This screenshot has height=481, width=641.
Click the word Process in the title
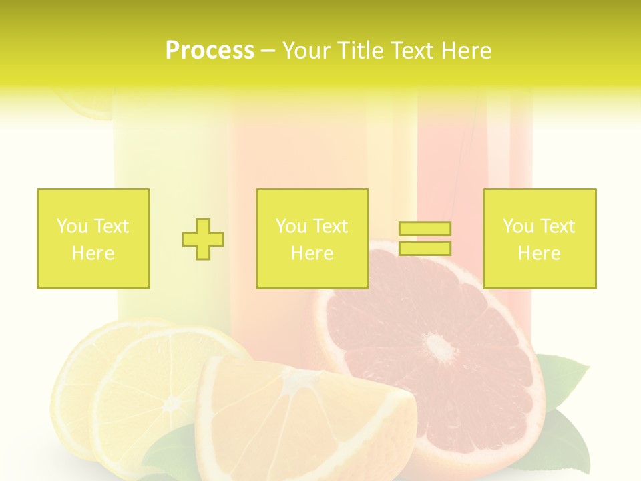click(x=210, y=51)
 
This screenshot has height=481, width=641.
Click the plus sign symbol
click(x=203, y=239)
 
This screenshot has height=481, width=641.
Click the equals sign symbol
click(x=425, y=238)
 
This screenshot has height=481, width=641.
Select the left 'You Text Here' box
click(x=93, y=238)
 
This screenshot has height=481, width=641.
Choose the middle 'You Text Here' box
click(x=312, y=238)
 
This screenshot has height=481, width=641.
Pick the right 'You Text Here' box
click(x=540, y=238)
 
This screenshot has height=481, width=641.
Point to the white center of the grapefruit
click(x=439, y=347)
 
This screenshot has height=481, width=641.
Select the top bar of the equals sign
click(x=425, y=229)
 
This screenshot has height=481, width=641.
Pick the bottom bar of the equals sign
click(x=425, y=248)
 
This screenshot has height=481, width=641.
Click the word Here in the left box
click(x=93, y=253)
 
